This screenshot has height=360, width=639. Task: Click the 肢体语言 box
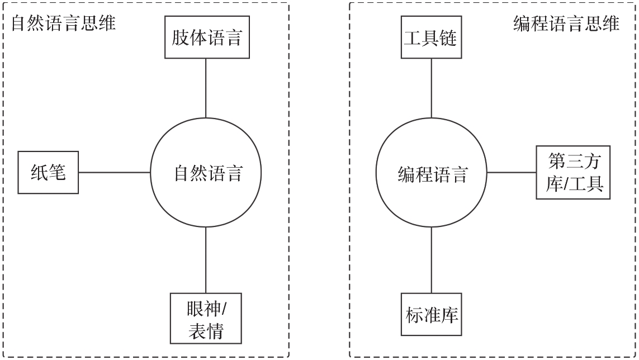[x=206, y=37]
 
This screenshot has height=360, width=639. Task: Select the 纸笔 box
[x=48, y=172]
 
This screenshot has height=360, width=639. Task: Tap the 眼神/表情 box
[x=206, y=319]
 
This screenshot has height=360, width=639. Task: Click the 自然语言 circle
[x=206, y=173]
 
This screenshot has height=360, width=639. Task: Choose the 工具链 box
[x=430, y=37]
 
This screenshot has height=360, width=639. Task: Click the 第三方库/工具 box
[x=572, y=172]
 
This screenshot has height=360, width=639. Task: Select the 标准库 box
[x=430, y=315]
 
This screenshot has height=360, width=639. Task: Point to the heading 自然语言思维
[x=64, y=24]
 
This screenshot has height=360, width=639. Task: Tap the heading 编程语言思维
[x=566, y=24]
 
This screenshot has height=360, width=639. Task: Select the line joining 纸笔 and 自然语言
[x=115, y=172]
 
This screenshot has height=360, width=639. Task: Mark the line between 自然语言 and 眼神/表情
[x=206, y=260]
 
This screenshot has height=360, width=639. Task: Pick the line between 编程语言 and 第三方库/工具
[x=511, y=172]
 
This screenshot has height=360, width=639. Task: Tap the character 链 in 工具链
[x=448, y=38]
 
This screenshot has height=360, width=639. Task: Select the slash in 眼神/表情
[x=222, y=308]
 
